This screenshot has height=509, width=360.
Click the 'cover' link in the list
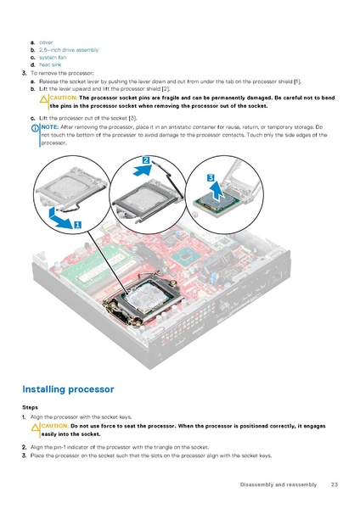point(46,42)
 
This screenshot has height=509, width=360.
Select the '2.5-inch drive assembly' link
point(63,49)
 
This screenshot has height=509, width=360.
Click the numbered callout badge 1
point(77,225)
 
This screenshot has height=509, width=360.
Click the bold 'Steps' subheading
point(30,407)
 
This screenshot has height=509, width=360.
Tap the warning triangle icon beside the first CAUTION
point(44,99)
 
